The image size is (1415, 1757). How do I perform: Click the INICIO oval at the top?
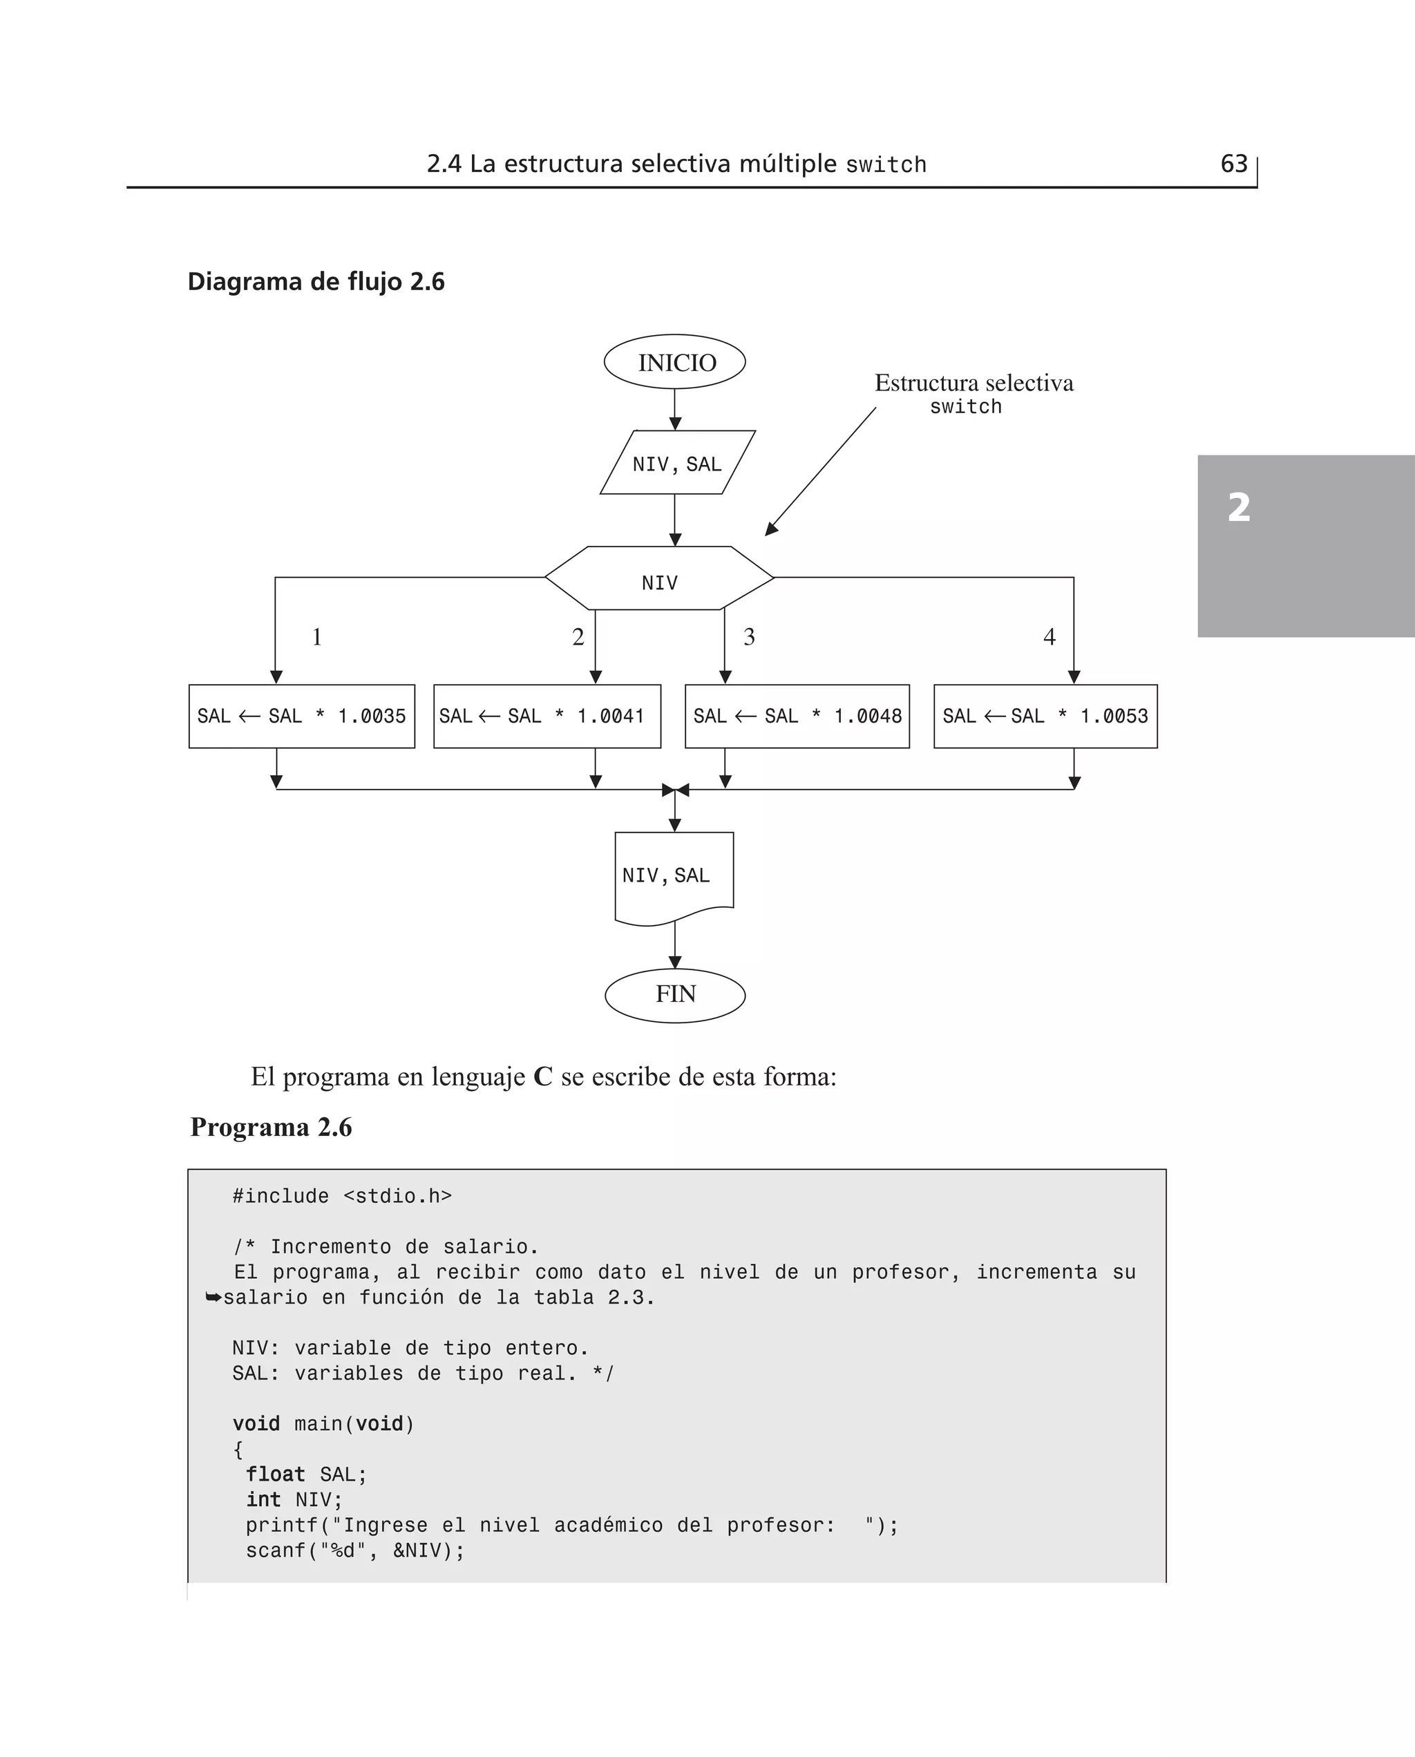(675, 362)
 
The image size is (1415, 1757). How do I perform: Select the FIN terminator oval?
(675, 994)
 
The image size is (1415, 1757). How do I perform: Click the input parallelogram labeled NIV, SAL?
(676, 463)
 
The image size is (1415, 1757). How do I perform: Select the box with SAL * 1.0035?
(301, 716)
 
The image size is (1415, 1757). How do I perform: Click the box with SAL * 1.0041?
(547, 716)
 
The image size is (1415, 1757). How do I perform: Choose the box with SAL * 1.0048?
(797, 716)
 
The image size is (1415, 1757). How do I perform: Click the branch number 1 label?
(317, 636)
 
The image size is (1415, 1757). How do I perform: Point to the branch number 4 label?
(1049, 636)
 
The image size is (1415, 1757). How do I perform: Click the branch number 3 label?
(749, 636)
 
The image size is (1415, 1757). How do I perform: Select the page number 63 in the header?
(1233, 164)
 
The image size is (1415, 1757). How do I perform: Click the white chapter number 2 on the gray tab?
(1238, 507)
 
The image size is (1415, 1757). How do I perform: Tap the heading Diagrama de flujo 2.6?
(316, 282)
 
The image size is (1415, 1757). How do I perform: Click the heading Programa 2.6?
(271, 1127)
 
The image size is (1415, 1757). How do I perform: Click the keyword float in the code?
(276, 1474)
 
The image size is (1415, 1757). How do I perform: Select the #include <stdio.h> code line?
(341, 1197)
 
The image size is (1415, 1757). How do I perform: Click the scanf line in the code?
(354, 1550)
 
